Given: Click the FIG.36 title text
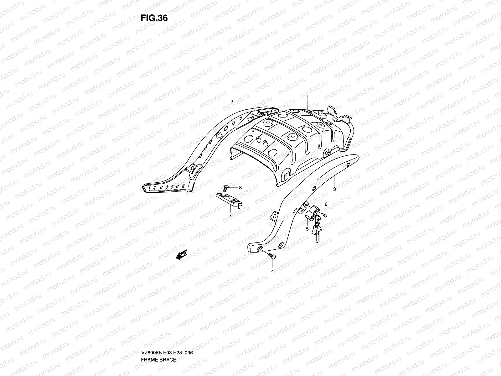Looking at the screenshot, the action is (154, 18).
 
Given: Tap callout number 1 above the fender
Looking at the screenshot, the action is (307, 97).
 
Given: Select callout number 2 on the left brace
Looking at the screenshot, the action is (232, 102).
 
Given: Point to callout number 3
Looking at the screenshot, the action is (334, 189).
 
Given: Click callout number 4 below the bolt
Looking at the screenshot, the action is (272, 271).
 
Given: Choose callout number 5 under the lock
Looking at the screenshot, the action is (307, 229).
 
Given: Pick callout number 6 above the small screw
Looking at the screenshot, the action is (326, 204).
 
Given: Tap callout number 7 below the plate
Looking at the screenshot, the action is (230, 216).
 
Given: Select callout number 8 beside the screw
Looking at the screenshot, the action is (240, 188).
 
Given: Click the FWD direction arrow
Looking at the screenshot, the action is (182, 255).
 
